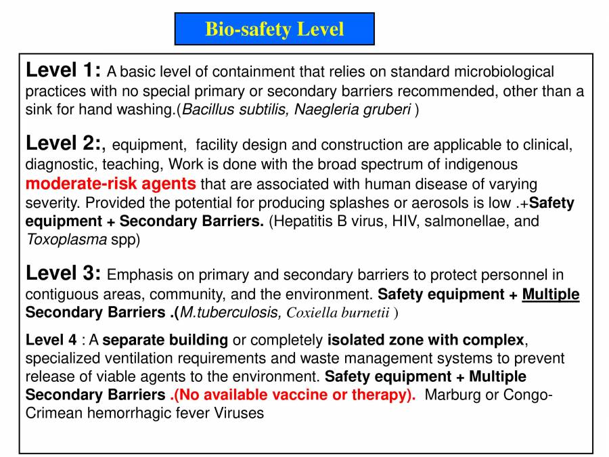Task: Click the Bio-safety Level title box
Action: point(274,29)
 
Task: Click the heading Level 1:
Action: point(63,70)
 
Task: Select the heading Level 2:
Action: point(65,144)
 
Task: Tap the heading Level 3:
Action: point(63,274)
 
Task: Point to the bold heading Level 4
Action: point(51,340)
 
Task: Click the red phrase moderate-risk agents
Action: point(111,183)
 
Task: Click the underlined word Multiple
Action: point(551,295)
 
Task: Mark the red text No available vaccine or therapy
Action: point(295,395)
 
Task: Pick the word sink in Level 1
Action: point(38,110)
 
